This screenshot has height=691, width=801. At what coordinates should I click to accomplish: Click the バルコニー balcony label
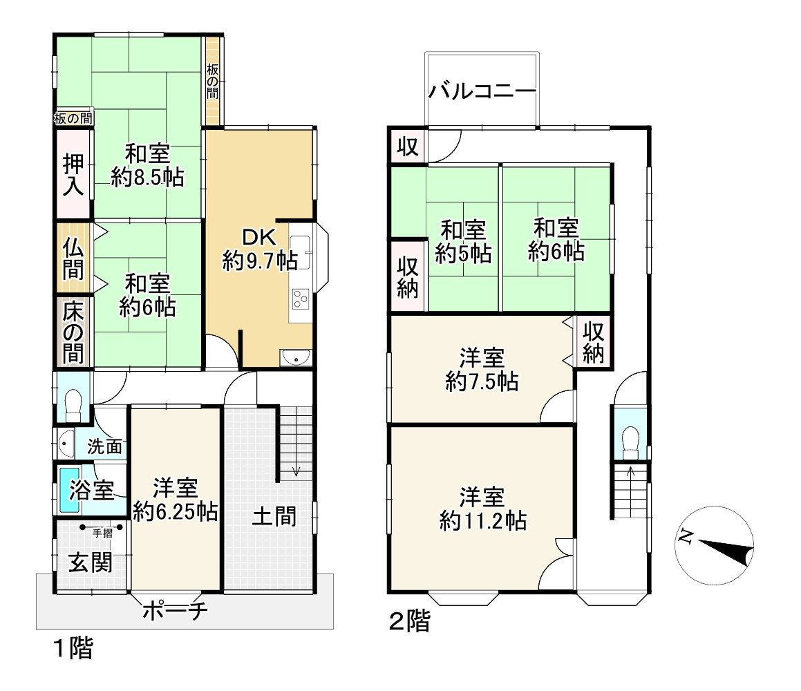(482, 91)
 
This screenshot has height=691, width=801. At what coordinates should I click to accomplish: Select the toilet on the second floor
(630, 442)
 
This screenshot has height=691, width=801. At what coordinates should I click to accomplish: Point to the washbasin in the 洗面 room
(66, 443)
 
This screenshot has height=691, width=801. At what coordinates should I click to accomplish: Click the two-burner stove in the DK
(301, 299)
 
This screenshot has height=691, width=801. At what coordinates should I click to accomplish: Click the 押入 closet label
(73, 174)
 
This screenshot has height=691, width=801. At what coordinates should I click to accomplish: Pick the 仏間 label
(73, 256)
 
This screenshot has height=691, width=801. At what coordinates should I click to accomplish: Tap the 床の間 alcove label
(73, 332)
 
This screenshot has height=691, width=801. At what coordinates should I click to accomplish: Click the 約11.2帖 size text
(482, 520)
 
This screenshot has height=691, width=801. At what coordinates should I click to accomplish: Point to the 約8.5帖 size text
(148, 178)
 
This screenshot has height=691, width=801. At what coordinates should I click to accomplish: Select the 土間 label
(274, 516)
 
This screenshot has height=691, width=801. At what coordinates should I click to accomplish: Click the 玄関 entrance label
(90, 563)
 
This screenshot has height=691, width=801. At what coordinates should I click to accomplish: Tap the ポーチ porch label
(175, 612)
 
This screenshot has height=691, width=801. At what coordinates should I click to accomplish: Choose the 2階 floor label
(408, 622)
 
